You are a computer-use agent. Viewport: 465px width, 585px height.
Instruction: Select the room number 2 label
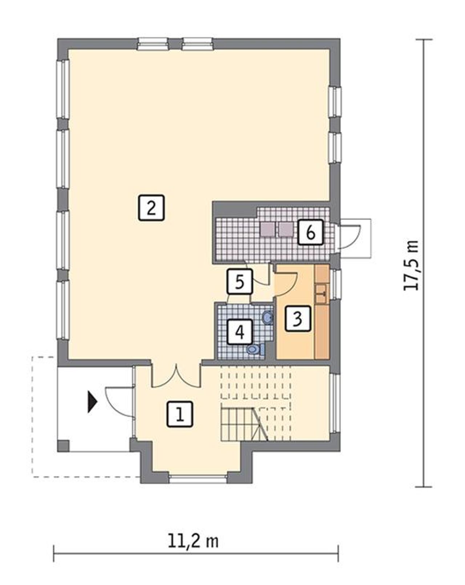point(151,208)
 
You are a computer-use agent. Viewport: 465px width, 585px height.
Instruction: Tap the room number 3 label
point(298,318)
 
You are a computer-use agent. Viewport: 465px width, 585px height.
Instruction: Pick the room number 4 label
point(240,332)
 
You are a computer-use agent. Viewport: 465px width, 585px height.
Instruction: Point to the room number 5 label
point(239,281)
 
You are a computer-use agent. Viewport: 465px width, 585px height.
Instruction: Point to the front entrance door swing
point(119,402)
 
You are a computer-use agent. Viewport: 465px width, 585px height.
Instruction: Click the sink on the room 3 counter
point(322,294)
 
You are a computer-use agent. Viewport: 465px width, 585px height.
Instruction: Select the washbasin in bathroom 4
point(268,317)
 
